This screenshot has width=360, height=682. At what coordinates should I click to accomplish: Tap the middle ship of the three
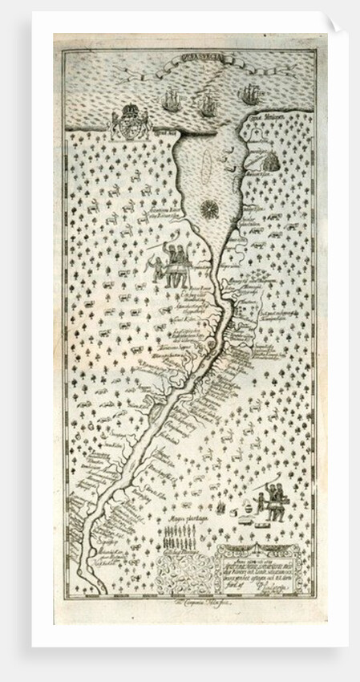207,103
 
